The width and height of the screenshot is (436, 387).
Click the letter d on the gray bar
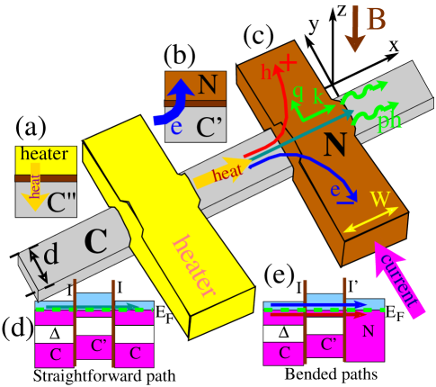click(51, 256)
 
